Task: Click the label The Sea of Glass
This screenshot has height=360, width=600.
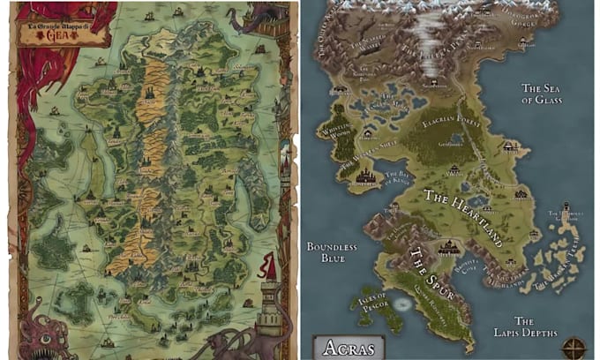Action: [542, 94]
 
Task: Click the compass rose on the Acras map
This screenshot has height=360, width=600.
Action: [578, 345]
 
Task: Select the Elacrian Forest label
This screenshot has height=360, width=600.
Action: [451, 126]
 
